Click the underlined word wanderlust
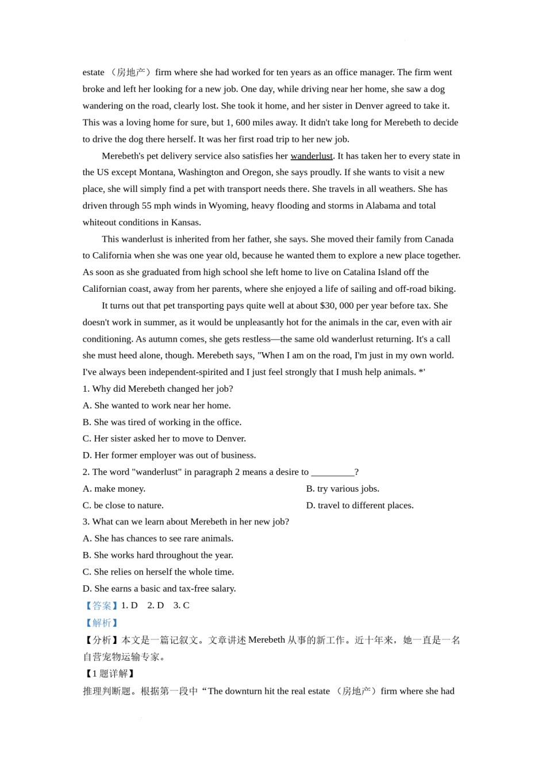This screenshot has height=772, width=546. click(312, 156)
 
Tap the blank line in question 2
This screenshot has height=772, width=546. click(332, 472)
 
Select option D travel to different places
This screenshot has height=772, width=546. click(360, 505)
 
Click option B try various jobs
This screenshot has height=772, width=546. click(343, 489)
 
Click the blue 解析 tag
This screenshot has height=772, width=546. click(101, 623)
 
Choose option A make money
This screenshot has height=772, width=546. click(114, 489)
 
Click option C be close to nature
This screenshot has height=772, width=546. click(123, 505)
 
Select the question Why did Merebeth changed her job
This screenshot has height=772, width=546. click(157, 389)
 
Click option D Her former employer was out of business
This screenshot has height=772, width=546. click(169, 456)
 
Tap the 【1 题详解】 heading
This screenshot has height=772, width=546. click(109, 674)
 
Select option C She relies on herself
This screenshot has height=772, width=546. click(158, 572)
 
